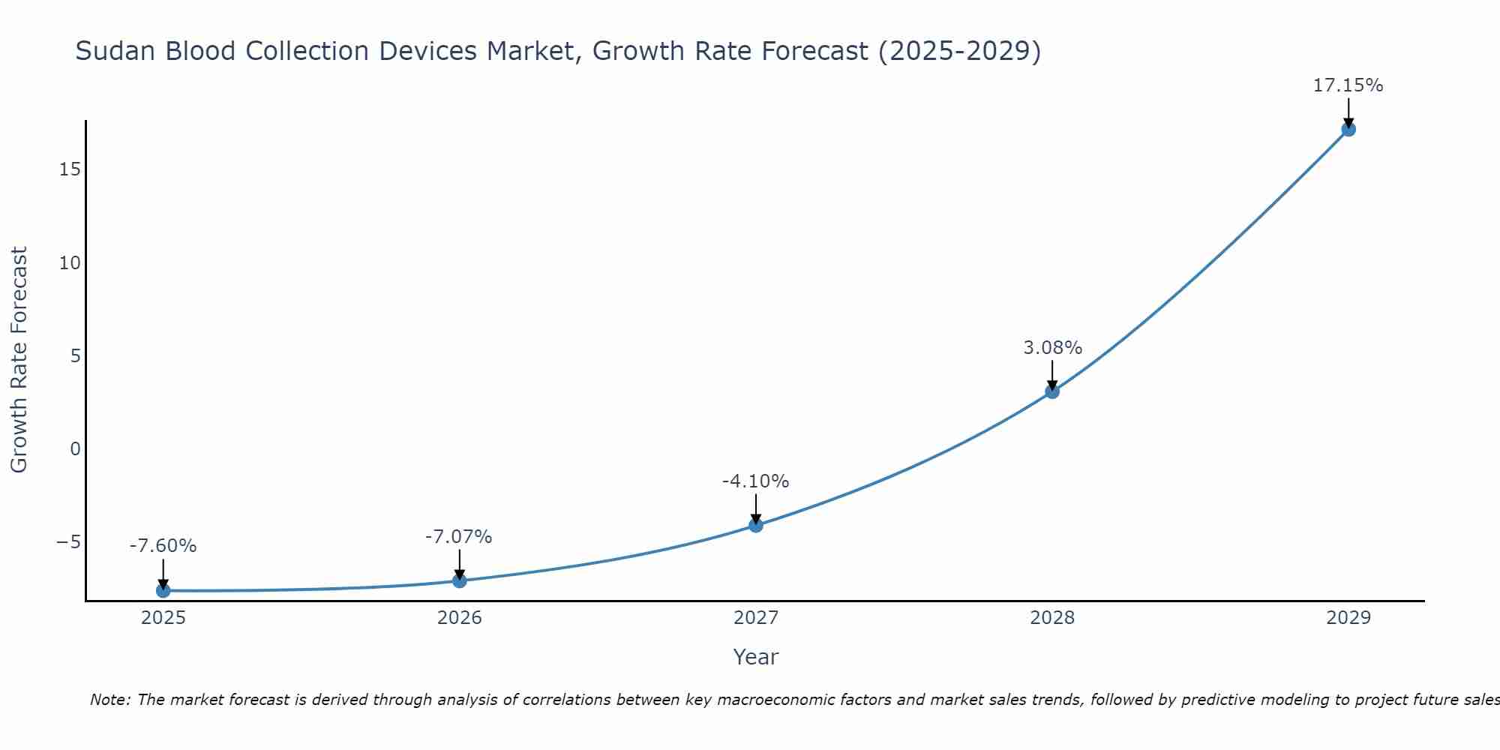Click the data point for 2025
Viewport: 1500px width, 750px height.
click(x=163, y=591)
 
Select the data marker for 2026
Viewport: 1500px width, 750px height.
click(x=459, y=580)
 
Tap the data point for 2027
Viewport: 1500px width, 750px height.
click(x=755, y=525)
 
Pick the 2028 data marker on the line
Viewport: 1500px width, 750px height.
click(x=1051, y=391)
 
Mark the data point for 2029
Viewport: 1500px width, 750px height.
click(x=1348, y=129)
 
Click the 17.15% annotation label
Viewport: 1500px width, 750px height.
click(x=1348, y=85)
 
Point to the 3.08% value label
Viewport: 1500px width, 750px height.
click(x=1052, y=348)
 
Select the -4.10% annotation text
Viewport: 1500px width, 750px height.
click(x=755, y=481)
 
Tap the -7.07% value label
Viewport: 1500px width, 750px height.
click(x=458, y=537)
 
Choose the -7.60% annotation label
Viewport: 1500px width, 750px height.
click(x=163, y=546)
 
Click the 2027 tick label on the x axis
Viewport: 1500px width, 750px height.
click(x=755, y=618)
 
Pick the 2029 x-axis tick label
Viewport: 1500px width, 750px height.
click(x=1348, y=618)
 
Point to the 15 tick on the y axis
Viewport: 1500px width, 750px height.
click(x=70, y=169)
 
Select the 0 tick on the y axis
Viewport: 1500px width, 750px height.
click(x=75, y=449)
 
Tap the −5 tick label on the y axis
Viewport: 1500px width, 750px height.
click(x=68, y=542)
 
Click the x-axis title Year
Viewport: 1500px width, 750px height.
click(x=755, y=657)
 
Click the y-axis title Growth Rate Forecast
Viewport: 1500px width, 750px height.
click(x=19, y=360)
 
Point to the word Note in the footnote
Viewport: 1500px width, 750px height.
click(x=109, y=700)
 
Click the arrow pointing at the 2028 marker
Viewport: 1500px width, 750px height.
click(x=1051, y=374)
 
